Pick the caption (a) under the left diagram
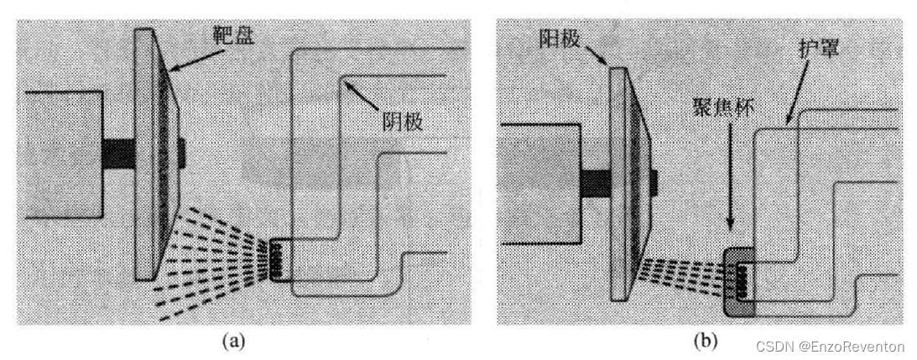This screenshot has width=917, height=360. (232, 341)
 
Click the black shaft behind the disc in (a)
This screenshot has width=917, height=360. (118, 154)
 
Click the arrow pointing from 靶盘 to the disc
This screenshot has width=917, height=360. (191, 56)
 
